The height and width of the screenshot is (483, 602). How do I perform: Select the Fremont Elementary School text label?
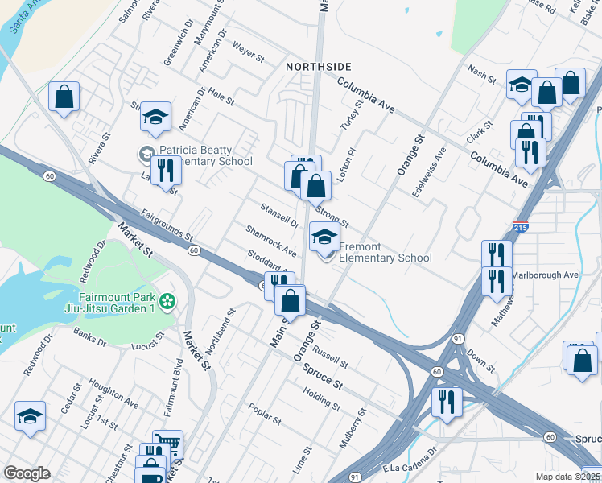click(386, 253)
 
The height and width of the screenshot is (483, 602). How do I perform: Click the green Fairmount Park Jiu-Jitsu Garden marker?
click(167, 302)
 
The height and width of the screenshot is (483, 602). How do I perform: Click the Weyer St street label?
click(249, 56)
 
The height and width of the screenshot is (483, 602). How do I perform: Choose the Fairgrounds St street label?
click(167, 225)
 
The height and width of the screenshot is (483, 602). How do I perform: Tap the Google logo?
click(27, 473)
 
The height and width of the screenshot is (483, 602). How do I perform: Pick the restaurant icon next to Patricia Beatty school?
click(166, 171)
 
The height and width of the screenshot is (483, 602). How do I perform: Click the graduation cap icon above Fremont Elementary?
click(324, 236)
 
